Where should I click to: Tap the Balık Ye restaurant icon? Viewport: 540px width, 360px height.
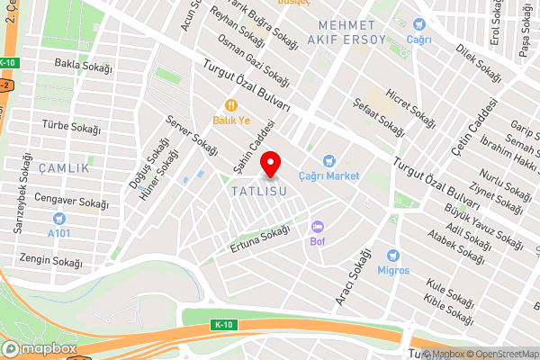231,103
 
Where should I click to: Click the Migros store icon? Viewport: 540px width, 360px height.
392,256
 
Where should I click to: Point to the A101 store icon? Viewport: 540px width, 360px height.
59,219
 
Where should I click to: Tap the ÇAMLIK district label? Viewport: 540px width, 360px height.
64,168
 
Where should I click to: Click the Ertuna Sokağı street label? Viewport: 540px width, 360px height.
261,238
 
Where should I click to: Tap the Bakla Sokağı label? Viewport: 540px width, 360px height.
83,65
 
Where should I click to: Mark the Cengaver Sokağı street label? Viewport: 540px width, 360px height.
65,197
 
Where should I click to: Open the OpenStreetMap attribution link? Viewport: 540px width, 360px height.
501,354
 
